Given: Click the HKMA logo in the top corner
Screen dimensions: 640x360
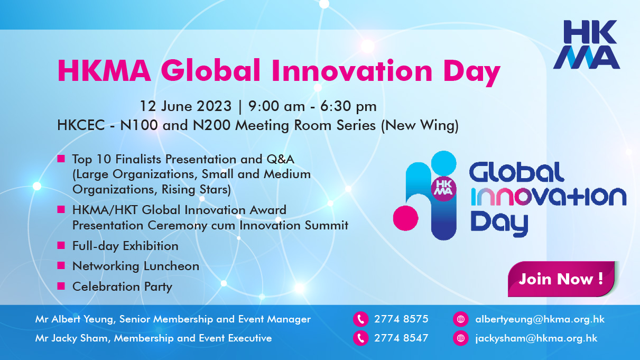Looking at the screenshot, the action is pyautogui.click(x=587, y=44).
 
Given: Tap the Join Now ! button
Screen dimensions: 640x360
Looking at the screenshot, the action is pyautogui.click(x=561, y=279).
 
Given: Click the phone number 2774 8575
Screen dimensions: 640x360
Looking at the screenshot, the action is pyautogui.click(x=401, y=319).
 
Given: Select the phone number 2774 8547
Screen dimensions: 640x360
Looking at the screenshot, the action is pyautogui.click(x=401, y=338).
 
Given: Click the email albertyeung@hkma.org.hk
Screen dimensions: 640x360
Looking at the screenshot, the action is pyautogui.click(x=540, y=319).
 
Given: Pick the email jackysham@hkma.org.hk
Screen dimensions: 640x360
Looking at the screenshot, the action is pyautogui.click(x=536, y=338).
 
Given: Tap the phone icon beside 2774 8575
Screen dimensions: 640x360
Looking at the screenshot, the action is pyautogui.click(x=360, y=319).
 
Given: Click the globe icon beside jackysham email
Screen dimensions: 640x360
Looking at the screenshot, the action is pyautogui.click(x=460, y=338).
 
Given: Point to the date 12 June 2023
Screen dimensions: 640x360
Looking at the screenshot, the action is pyautogui.click(x=185, y=106).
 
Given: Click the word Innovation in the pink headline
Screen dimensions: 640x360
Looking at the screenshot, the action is pyautogui.click(x=352, y=71).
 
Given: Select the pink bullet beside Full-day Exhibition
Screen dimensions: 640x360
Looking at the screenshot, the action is pyautogui.click(x=61, y=245).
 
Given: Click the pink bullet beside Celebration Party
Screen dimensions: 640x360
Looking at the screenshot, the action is pyautogui.click(x=61, y=285).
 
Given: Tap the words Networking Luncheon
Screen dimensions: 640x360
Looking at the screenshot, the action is pyautogui.click(x=136, y=266).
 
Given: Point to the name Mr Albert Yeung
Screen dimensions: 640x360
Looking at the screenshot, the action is pyautogui.click(x=75, y=319).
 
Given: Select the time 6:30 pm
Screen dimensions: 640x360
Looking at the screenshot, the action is pyautogui.click(x=348, y=107).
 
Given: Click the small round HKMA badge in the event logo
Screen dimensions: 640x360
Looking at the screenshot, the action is pyautogui.click(x=443, y=189).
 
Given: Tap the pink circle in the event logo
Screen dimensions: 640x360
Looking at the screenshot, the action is pyautogui.click(x=406, y=218).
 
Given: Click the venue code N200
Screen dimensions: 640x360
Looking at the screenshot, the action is pyautogui.click(x=212, y=125).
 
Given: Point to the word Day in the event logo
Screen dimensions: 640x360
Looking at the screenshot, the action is pyautogui.click(x=499, y=224).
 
